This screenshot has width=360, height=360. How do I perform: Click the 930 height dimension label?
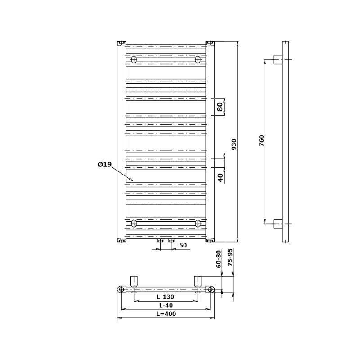[234, 144]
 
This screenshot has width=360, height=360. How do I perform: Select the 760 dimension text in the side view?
[262, 141]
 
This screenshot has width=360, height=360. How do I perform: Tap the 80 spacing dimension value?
[220, 107]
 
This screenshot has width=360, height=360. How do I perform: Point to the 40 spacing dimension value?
[220, 177]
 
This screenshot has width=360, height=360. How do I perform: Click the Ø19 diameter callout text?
[104, 165]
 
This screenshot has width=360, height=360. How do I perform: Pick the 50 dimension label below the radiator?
[183, 245]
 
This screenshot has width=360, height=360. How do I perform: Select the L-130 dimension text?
[165, 297]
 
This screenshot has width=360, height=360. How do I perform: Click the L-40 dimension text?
[165, 306]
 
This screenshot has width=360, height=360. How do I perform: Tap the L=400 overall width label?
[166, 314]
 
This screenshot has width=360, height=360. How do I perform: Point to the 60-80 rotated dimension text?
[219, 259]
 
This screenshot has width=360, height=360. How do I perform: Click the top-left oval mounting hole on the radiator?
[134, 59]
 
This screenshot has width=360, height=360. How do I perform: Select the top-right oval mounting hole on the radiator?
[198, 59]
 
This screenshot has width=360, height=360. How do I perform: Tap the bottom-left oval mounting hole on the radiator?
[134, 223]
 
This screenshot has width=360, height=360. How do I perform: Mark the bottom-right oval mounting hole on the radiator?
[198, 223]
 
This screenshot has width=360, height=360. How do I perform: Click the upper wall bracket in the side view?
[278, 59]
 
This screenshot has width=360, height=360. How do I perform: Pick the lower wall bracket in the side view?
[278, 224]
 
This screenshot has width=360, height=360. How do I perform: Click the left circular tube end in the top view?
[121, 289]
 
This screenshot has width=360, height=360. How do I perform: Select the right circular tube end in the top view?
[210, 289]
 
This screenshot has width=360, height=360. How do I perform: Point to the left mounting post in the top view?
[134, 281]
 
